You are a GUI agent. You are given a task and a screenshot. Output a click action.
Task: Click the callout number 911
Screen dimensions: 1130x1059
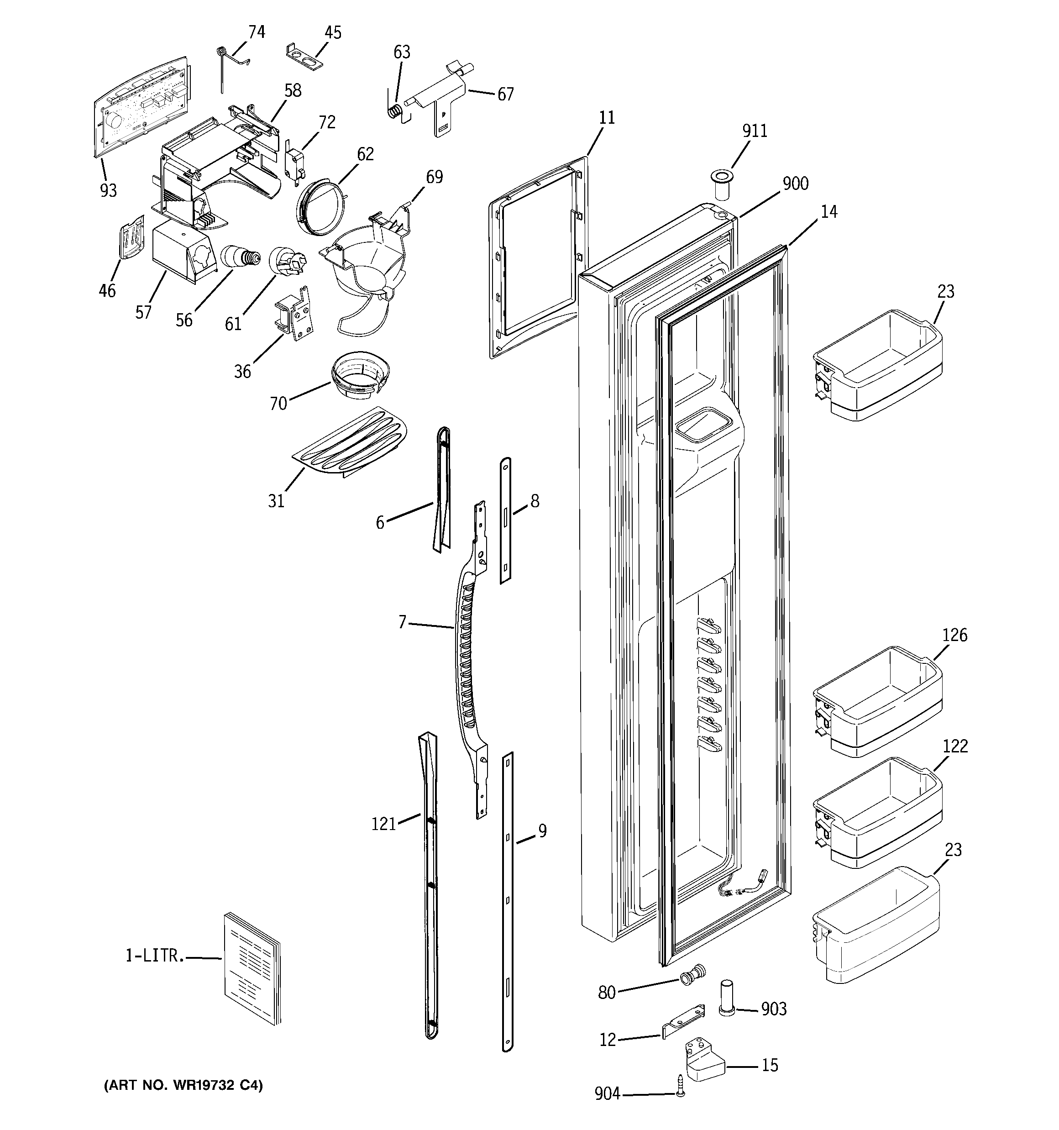[755, 131]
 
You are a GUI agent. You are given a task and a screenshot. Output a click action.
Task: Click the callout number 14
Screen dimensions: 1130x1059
[829, 212]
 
